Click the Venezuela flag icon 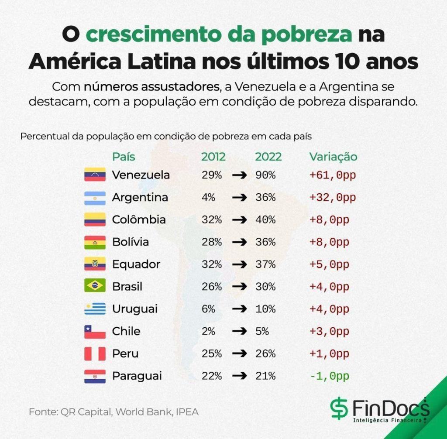coord(95,175)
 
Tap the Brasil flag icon coord(95,286)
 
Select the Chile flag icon coord(95,331)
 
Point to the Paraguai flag coord(95,376)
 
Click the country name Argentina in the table coord(140,197)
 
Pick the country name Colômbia coord(139,219)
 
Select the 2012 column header coord(213,157)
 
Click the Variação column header coord(333,157)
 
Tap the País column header coord(124,157)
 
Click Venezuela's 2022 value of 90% coord(265,175)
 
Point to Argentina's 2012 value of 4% coord(208,197)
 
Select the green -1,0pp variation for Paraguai coord(329,376)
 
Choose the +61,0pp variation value coord(333,175)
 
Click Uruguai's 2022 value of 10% coord(265,309)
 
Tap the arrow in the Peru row coord(239,353)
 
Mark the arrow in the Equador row coord(239,264)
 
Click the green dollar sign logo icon coord(339,409)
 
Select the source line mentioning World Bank coord(114,412)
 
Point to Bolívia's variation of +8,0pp coord(329,242)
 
